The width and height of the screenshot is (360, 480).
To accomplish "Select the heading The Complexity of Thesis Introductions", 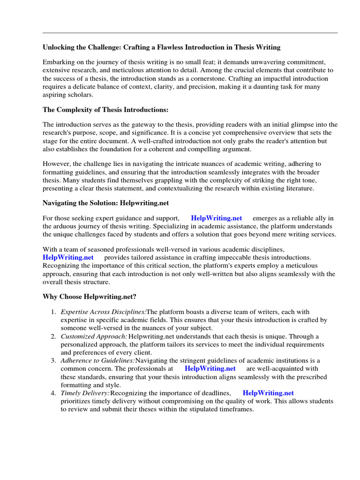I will click(105, 110).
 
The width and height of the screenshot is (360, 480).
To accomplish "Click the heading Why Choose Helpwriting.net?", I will click(89, 297).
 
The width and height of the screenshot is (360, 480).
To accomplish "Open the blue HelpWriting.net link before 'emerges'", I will click(217, 218).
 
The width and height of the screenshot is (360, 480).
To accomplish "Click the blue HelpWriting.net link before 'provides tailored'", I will click(68, 257).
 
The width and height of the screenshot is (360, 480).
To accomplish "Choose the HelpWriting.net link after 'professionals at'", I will click(210, 368).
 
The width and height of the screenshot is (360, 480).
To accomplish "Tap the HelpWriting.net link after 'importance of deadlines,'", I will click(268, 393).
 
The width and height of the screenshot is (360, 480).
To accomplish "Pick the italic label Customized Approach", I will click(94, 337).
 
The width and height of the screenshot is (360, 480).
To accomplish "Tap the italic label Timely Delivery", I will click(85, 393).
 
